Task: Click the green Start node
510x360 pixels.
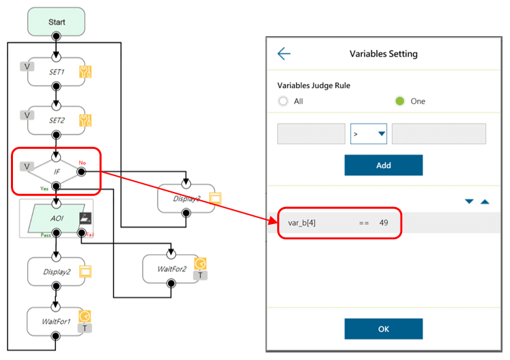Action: [57, 22]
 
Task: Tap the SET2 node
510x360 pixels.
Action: [56, 121]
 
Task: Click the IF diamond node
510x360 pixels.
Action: [57, 171]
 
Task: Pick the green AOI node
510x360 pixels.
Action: [57, 219]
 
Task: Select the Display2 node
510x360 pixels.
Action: [57, 271]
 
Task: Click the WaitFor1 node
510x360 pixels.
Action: [57, 320]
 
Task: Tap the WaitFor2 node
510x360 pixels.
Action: [171, 268]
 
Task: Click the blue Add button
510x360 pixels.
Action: [383, 165]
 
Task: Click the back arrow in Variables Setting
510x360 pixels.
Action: [284, 54]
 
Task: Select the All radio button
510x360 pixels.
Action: [283, 101]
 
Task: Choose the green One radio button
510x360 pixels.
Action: [400, 101]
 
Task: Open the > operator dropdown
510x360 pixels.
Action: [369, 134]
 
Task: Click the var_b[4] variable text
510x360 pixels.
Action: [302, 223]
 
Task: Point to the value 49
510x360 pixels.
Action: [384, 223]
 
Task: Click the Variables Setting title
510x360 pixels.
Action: [383, 54]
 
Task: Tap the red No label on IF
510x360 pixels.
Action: [82, 163]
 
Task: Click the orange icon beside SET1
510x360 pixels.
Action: [85, 72]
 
